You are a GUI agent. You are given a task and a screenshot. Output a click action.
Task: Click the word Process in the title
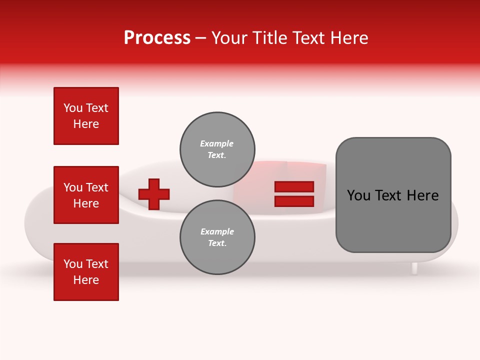(157, 38)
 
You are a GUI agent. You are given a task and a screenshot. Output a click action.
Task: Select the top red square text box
(86, 116)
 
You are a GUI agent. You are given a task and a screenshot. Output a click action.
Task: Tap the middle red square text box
(86, 195)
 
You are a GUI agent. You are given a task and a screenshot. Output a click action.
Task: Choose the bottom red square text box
(86, 272)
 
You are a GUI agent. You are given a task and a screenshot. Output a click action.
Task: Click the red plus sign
(154, 194)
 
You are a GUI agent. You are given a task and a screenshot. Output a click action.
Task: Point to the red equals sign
(294, 194)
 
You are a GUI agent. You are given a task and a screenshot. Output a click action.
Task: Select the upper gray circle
(217, 149)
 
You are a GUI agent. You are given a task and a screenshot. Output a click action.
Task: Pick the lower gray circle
(217, 237)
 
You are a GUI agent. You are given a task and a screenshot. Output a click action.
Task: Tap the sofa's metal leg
(414, 268)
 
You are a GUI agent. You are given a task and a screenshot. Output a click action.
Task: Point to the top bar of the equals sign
(294, 186)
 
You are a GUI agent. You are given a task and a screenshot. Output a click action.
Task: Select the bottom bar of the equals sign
(294, 201)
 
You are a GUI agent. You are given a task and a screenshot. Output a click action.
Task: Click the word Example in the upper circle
(216, 144)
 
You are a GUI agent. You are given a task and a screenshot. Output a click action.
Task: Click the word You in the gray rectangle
(359, 195)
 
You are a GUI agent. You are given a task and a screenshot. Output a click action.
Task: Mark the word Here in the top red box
(86, 124)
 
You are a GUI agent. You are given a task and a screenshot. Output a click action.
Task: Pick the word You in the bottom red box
(72, 264)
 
